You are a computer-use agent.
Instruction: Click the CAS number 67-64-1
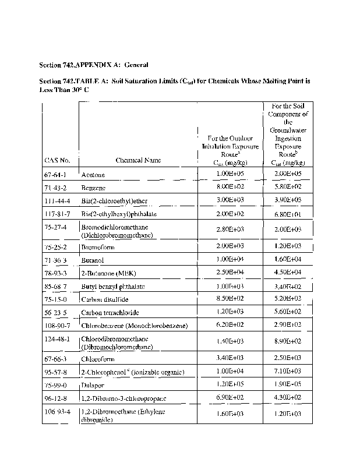pos(55,175)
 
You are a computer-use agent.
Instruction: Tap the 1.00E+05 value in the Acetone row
pos(228,174)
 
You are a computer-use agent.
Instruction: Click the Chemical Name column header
pos(138,160)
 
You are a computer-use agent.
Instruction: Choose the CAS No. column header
pos(57,160)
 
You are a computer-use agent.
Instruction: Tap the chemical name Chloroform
pos(98,360)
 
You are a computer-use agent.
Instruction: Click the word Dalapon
pos(94,386)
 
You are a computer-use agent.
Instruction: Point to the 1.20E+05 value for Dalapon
pos(228,385)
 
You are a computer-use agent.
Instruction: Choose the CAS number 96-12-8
pos(56,398)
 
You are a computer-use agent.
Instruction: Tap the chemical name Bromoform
pos(98,248)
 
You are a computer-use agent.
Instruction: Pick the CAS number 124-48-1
pos(57,338)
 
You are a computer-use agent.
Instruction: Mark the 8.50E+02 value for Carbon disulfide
pos(228,299)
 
